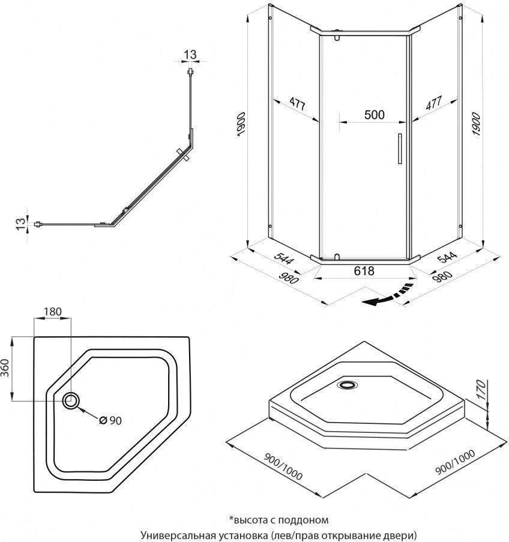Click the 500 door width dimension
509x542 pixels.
pos(374,115)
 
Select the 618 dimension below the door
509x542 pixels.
pos(364,271)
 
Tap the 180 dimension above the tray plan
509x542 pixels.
pos(53,311)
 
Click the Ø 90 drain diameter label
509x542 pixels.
pos(110,421)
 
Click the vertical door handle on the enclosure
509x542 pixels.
pos(397,148)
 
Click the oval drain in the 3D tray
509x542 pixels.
pos(348,386)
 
